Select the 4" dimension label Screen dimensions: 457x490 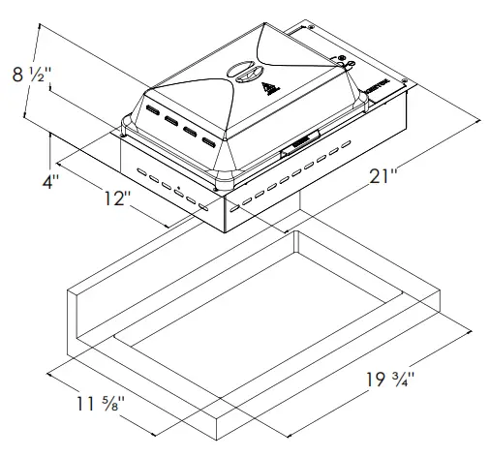click(49, 181)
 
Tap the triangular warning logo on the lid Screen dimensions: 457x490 click(270, 91)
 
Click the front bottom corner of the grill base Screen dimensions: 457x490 click(223, 232)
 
